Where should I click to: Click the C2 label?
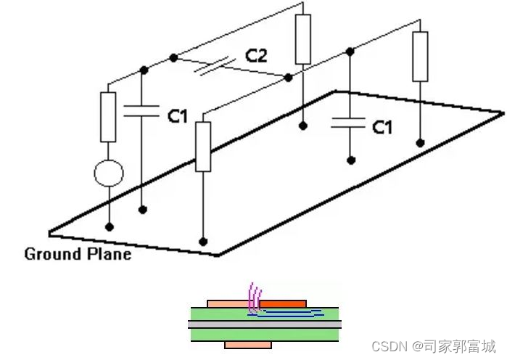click(256, 54)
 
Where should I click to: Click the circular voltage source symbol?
click(109, 173)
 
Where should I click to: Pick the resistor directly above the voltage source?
click(109, 116)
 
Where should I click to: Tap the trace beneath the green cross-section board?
click(248, 343)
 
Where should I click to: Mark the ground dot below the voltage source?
click(110, 226)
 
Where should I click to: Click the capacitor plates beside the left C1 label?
click(143, 110)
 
